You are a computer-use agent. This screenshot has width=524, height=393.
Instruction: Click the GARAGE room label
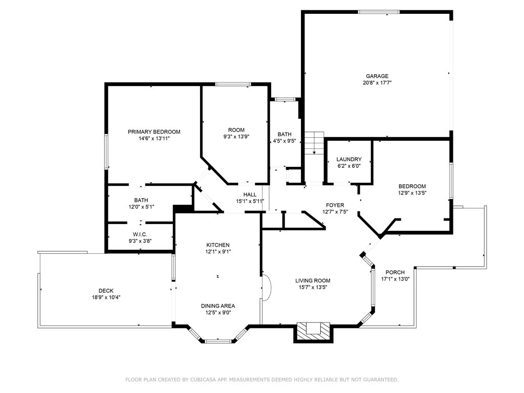pos(377,76)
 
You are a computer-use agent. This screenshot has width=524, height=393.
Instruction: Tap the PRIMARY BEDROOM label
pos(154,132)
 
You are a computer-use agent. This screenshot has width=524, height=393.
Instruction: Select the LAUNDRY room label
pos(349,160)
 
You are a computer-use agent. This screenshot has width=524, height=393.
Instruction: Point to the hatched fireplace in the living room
pos(314,331)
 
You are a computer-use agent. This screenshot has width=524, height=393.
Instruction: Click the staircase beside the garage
pos(314,143)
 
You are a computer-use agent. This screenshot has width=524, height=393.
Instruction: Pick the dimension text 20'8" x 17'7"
pos(377,83)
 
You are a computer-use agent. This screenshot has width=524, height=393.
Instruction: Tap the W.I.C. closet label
pos(140,234)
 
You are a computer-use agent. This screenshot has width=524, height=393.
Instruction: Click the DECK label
pos(106,291)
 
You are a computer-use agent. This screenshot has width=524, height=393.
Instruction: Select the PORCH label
pos(395,272)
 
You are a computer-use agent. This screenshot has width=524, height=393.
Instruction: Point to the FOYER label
pos(335,205)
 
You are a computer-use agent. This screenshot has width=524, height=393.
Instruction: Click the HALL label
pos(250,194)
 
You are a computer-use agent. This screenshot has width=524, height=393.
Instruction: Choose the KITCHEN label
pos(218,245)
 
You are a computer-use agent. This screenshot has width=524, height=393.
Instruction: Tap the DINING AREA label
pos(218,306)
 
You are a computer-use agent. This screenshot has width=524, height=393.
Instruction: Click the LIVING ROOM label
pos(313,281)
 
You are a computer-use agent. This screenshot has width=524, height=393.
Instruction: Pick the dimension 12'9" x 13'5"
pos(412,193)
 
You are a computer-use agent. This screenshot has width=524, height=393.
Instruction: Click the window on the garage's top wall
pos(379,12)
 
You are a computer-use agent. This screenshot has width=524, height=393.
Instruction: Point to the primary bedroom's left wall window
pos(106,151)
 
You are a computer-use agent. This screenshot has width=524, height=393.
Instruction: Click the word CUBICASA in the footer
pos(204,380)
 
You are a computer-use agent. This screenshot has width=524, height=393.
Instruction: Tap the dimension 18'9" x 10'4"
pos(106,297)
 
